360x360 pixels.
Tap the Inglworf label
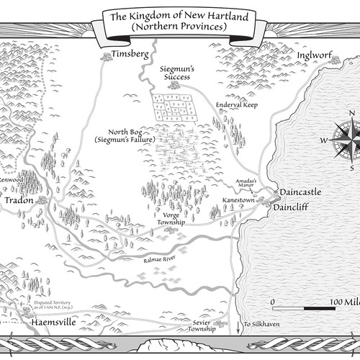313,54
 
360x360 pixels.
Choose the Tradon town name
19,201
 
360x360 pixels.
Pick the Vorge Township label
171,219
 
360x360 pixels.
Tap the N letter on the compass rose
352,114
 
